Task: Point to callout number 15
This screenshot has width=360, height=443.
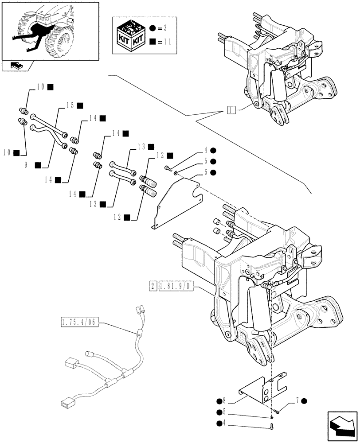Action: (70, 105)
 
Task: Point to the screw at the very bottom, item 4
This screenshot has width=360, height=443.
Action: (271, 427)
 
